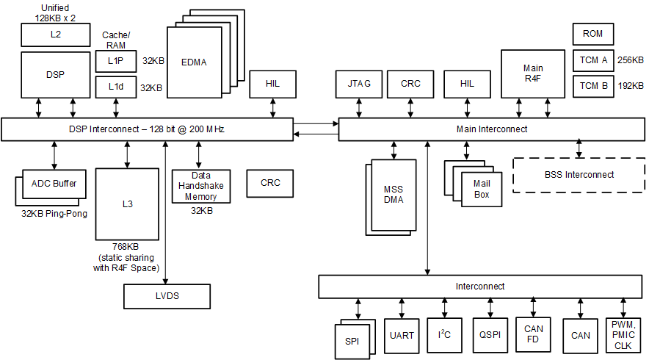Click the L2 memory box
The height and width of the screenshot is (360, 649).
point(54,33)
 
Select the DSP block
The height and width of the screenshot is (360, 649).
point(54,74)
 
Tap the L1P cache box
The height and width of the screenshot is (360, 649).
point(116,61)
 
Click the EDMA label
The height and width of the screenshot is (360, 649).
point(194,62)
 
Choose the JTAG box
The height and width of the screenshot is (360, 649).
point(359,84)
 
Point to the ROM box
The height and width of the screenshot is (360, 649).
point(592,34)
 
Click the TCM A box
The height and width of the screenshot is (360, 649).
point(593,60)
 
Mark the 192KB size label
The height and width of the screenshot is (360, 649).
point(630,86)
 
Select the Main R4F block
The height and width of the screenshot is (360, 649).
point(533,73)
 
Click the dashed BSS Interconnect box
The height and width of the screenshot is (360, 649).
point(579,175)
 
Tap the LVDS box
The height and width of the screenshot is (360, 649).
point(167,296)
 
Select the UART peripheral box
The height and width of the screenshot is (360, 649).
point(402,336)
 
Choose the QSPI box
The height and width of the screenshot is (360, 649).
point(489,336)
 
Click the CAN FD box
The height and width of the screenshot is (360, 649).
point(533,335)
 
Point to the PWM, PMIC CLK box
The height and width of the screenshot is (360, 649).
point(623,335)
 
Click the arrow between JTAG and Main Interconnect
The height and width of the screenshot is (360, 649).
point(359,107)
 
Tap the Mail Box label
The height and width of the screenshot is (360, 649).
point(482,189)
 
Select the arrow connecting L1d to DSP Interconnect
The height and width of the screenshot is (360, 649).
point(116,107)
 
